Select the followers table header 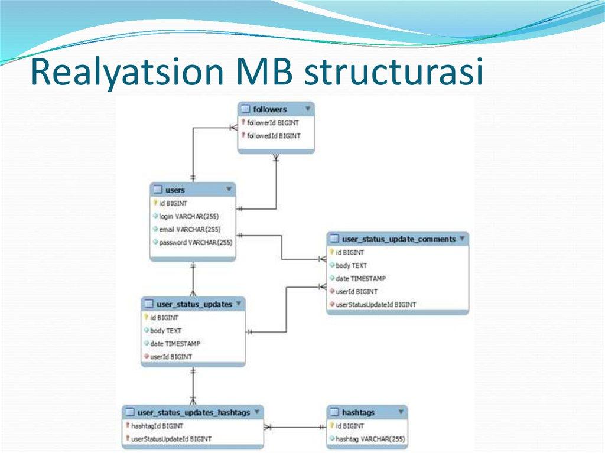[x=270, y=109]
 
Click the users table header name [x=175, y=190]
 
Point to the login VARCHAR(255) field [x=188, y=216]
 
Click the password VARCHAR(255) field [x=195, y=242]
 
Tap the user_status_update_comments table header [x=399, y=239]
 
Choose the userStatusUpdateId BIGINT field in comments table [x=376, y=304]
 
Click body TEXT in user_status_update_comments [x=351, y=265]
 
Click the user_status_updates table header [x=194, y=304]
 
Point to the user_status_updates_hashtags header [x=193, y=412]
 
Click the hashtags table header [x=358, y=412]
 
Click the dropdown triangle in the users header [x=229, y=189]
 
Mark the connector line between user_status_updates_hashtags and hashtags [x=295, y=426]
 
